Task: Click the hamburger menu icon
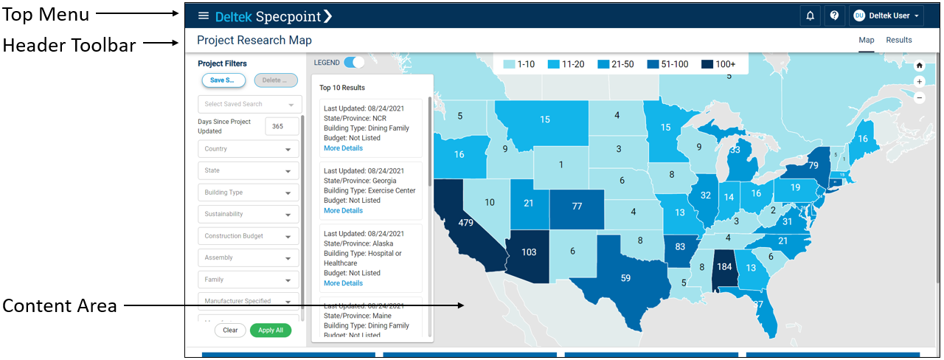tap(204, 15)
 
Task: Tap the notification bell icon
tap(811, 15)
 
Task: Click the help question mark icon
tap(834, 15)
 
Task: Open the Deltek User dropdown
tap(887, 15)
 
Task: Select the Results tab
tap(899, 40)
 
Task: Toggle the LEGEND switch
tap(354, 63)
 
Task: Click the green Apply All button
tap(271, 330)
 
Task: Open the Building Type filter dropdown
tap(249, 193)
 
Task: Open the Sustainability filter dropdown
tap(249, 214)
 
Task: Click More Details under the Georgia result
tap(343, 210)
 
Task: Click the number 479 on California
tap(465, 222)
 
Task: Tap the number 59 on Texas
tap(625, 278)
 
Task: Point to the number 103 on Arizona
tap(529, 252)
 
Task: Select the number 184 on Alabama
tap(724, 266)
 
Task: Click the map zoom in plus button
tap(919, 81)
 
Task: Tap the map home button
tap(919, 65)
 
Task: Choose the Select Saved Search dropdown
tap(249, 105)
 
